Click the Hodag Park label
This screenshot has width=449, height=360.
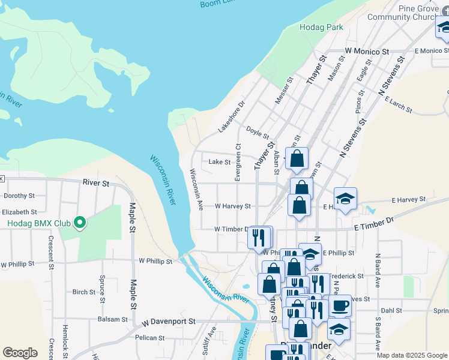[321, 27]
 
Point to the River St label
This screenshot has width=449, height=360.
[96, 182]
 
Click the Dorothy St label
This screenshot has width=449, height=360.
[19, 196]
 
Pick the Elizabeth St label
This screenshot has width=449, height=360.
[19, 212]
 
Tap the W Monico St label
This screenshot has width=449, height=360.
[367, 52]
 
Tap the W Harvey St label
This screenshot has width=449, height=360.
[233, 206]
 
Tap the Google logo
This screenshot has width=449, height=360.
[20, 353]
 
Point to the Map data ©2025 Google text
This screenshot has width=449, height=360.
[411, 355]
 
